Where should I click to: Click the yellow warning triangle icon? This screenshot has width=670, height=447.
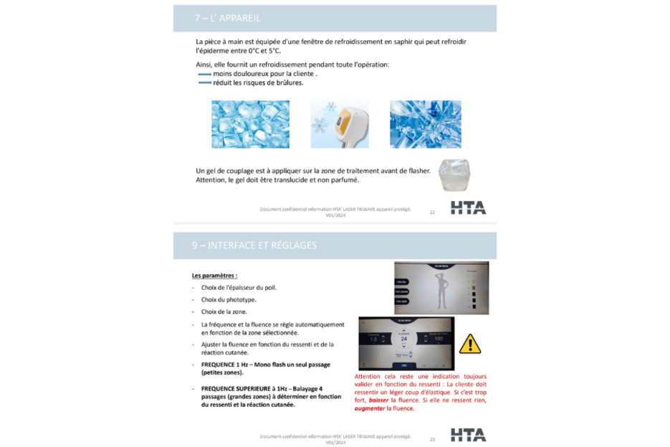click(x=469, y=344)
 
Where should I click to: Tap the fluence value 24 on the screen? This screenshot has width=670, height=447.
click(x=403, y=339)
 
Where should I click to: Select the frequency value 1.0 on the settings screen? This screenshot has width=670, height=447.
click(x=373, y=339)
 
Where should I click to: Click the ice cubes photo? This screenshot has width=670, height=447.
click(x=250, y=124)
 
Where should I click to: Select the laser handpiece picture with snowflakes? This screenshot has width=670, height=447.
click(x=339, y=124)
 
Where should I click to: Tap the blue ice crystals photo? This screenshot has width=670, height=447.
click(x=425, y=124)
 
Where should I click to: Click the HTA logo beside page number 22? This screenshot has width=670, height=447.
click(x=468, y=208)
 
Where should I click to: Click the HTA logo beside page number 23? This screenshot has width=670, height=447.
click(x=468, y=435)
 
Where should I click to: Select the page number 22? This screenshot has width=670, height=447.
click(x=432, y=212)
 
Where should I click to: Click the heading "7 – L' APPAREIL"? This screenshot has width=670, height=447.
click(x=226, y=18)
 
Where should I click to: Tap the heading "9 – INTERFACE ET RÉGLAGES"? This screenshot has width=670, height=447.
click(x=254, y=245)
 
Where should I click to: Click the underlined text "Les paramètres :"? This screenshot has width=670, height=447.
click(x=214, y=276)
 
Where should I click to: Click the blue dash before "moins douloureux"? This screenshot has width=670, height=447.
click(x=204, y=74)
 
